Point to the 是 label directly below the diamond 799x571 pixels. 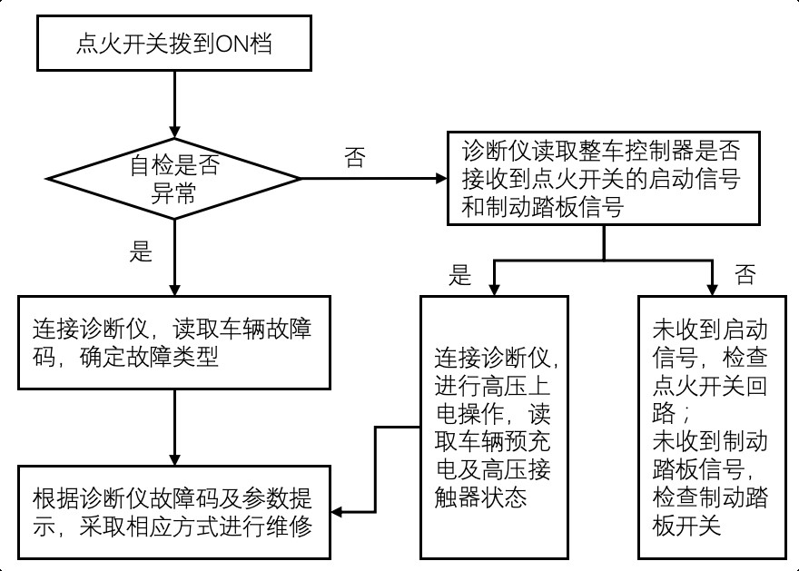tap(142, 251)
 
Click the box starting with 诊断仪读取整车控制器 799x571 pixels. tap(604, 178)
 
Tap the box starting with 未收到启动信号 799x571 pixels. tap(710, 427)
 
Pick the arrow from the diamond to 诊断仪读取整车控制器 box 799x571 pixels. tap(372, 178)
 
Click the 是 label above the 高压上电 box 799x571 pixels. tap(462, 275)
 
